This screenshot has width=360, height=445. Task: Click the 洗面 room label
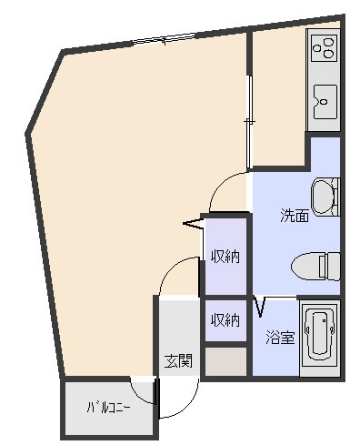pos(295,216)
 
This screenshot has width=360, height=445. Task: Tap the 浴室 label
pos(280,338)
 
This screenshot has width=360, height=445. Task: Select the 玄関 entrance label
pos(178,361)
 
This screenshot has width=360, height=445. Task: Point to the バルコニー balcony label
pos(109,408)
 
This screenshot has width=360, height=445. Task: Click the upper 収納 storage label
pos(225,257)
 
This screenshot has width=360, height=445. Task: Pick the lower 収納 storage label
pos(225,320)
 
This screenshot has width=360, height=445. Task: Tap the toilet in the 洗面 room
pos(315,266)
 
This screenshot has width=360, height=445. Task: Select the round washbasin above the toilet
pos(325,197)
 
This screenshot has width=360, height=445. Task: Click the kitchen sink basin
pos(325,102)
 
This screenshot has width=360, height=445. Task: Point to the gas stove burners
pos(325,47)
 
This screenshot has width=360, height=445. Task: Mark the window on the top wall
pos(165,39)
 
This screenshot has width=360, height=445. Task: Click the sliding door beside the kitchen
pos(249,122)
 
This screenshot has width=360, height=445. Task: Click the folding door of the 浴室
pos(260,307)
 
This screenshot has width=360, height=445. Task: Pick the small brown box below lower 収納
pos(225,361)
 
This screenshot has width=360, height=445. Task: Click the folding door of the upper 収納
pos(193,224)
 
